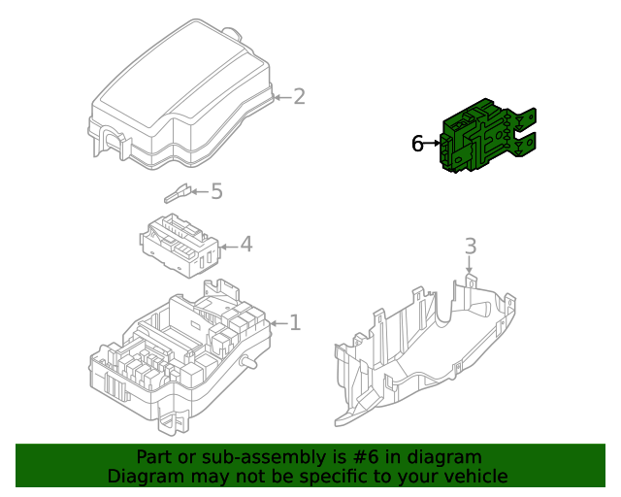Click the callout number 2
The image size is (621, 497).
[x=299, y=96]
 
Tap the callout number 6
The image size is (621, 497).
[x=417, y=144]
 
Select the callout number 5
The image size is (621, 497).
[x=216, y=191]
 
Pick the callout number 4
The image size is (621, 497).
[x=245, y=244]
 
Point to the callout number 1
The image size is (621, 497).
[x=295, y=322]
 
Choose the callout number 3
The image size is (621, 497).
[x=470, y=246]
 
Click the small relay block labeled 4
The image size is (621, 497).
[x=180, y=243]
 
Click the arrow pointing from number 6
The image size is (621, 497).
[x=433, y=144]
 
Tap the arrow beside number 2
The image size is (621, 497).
[x=281, y=96]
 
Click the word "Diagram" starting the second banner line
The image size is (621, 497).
[x=144, y=476]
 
